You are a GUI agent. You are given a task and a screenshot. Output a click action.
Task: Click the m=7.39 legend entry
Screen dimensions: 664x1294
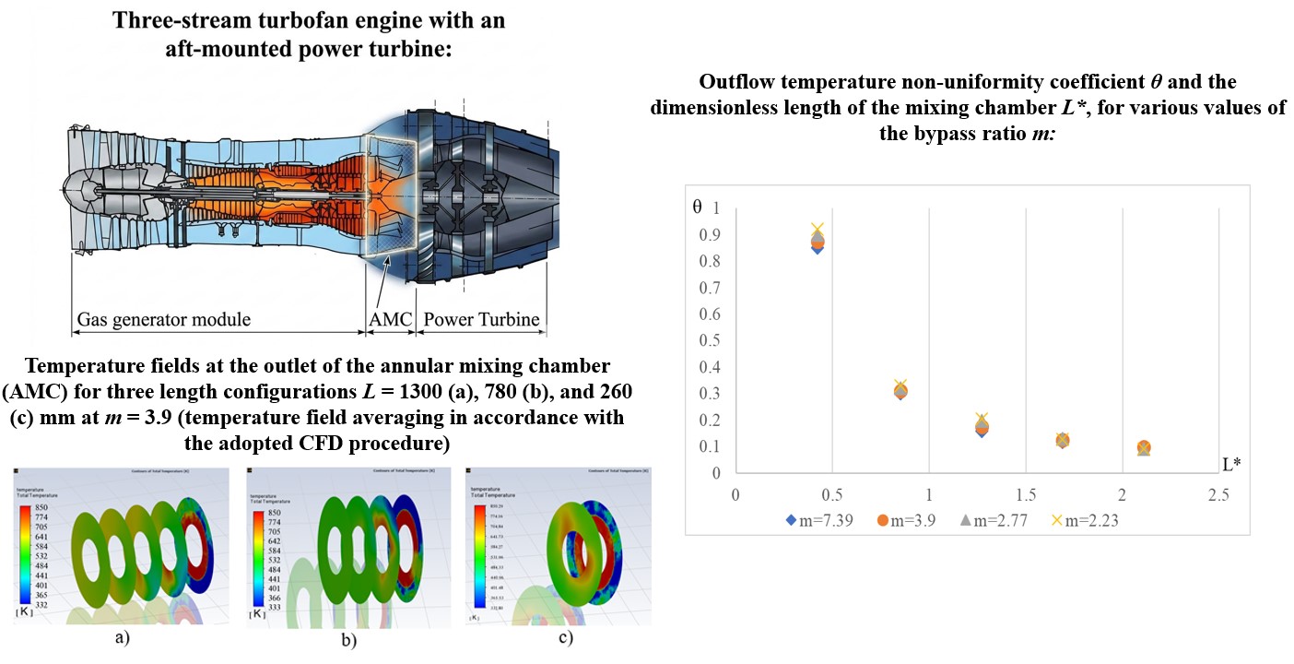(x=819, y=521)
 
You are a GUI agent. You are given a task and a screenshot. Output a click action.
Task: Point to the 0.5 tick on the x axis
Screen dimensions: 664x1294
(x=831, y=494)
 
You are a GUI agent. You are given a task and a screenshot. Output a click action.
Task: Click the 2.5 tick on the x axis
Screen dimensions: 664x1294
(x=1218, y=494)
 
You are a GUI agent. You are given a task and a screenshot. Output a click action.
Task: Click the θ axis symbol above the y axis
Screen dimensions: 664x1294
(x=697, y=205)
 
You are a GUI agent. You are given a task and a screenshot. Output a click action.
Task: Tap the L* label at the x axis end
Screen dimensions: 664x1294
(x=1233, y=465)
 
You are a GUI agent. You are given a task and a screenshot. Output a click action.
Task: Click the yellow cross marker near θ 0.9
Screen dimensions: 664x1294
(x=817, y=229)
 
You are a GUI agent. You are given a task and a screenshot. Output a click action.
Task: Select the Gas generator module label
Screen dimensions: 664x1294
(x=164, y=320)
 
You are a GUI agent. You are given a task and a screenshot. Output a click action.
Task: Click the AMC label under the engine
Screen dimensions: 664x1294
(x=392, y=320)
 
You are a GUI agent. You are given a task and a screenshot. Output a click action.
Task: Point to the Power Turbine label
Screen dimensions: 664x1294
(x=481, y=320)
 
